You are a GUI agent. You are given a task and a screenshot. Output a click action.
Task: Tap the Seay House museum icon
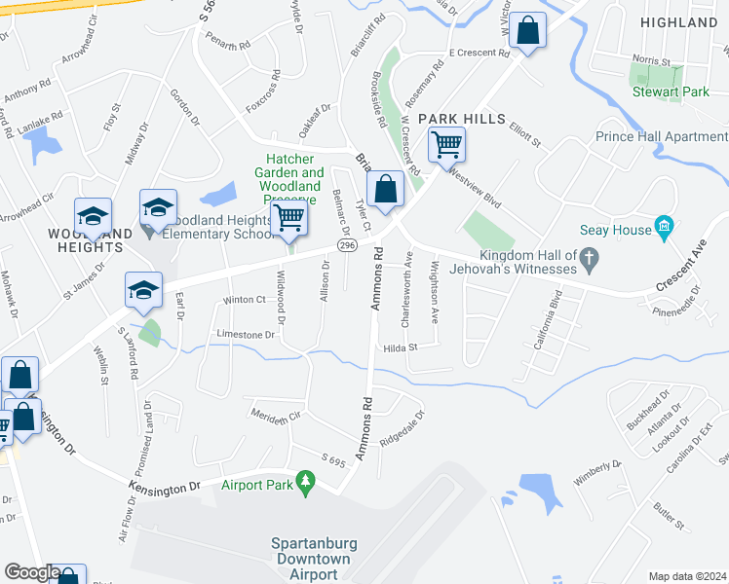tap(665, 227)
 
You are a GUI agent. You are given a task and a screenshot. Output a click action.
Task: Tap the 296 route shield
tap(348, 248)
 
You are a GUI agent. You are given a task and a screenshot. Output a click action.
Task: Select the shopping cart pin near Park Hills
tap(446, 146)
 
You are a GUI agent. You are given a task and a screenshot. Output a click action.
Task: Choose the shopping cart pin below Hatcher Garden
tap(289, 218)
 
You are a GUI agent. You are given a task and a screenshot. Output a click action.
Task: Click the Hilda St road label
tap(400, 347)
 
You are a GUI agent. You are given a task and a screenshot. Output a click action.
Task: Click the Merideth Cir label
tap(277, 417)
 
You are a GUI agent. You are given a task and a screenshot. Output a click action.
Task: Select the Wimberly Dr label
tap(597, 473)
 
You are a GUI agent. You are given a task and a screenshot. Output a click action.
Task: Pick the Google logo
tap(32, 572)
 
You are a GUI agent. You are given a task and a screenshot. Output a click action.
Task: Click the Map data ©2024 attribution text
tap(686, 576)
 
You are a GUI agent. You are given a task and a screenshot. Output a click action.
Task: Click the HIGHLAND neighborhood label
tap(679, 21)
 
